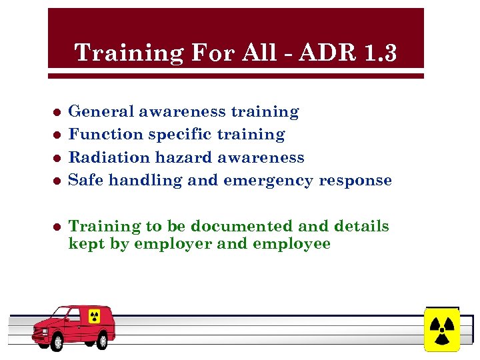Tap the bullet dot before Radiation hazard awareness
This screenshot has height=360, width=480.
click(58, 158)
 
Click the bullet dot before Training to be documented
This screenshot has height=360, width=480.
click(58, 227)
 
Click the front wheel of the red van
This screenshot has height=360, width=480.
click(57, 342)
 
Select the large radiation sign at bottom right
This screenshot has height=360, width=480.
click(441, 329)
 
